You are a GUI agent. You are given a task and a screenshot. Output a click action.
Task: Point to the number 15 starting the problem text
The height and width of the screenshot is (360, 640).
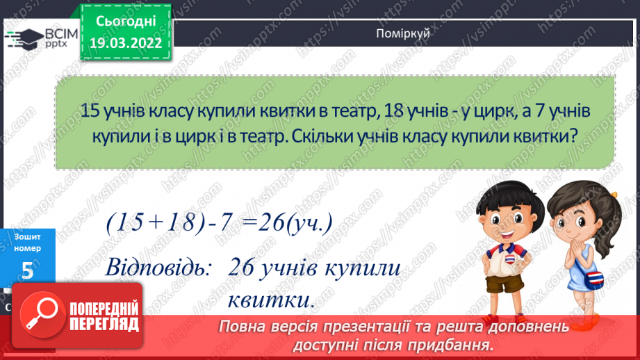[x=90, y=111]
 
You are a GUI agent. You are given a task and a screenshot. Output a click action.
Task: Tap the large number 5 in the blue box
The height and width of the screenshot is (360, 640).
[x=27, y=272]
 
